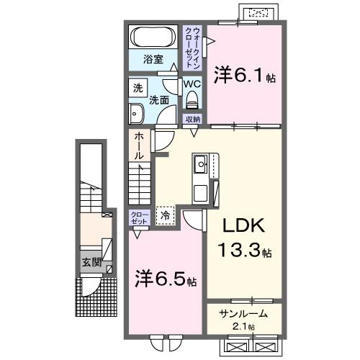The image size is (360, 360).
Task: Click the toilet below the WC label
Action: point(191,99)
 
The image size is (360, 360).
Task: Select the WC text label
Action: point(191,84)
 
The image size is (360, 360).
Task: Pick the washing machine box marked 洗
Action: point(138,89)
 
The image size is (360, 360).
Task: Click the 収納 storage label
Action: point(192,119)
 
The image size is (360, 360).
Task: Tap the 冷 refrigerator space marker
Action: point(165,214)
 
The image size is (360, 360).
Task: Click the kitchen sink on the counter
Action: point(200,167)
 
